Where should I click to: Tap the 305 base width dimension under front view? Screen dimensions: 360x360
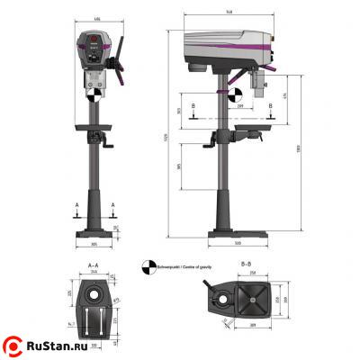tap(93, 243)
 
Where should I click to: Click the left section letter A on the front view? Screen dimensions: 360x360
tap(76, 205)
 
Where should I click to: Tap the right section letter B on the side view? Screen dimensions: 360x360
tap(271, 105)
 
